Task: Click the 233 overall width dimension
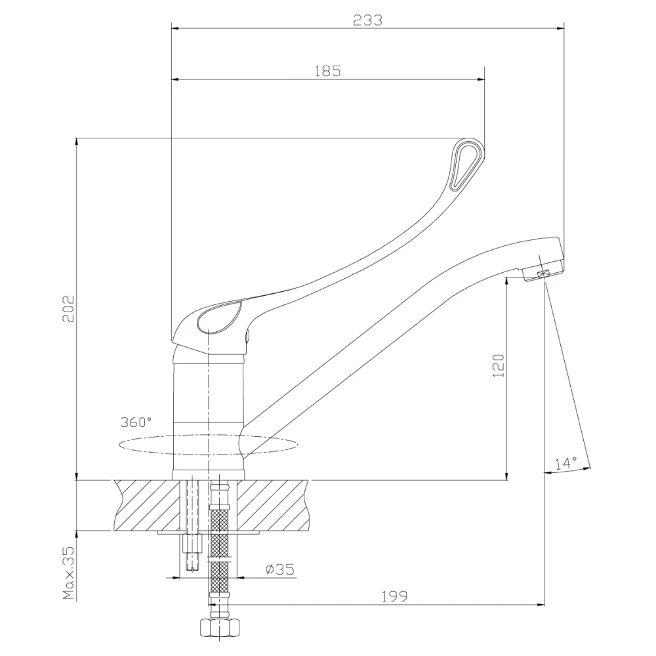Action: pyautogui.click(x=367, y=20)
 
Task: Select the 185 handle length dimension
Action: pyautogui.click(x=327, y=72)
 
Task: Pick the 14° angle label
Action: pyautogui.click(x=565, y=463)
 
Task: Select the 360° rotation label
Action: pyautogui.click(x=136, y=421)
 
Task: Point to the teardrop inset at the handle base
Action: pyautogui.click(x=218, y=318)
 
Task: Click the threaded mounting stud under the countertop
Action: pyautogui.click(x=192, y=554)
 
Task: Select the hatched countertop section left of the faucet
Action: pyautogui.click(x=148, y=505)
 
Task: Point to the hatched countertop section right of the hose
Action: pyautogui.click(x=276, y=505)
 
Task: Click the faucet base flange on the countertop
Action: pyautogui.click(x=208, y=475)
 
